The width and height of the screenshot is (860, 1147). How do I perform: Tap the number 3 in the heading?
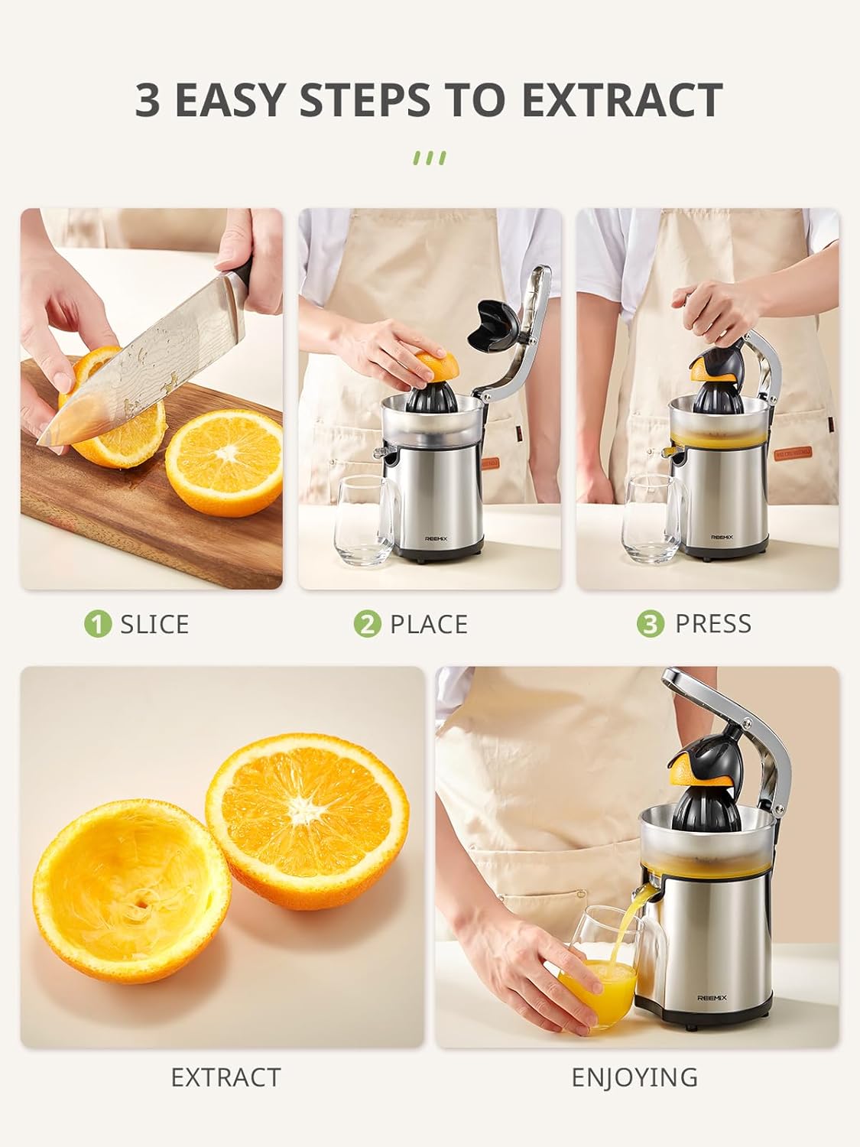148,100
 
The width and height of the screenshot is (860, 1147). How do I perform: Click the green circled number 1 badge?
98,624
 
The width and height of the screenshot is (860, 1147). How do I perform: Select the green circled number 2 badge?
367,624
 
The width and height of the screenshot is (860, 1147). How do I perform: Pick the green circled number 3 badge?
651,624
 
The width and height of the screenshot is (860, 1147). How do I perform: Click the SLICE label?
154,624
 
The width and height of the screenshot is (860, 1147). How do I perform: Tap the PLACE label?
428,624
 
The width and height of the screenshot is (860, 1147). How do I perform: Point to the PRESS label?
712,624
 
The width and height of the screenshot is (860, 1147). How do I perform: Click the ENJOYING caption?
634,1077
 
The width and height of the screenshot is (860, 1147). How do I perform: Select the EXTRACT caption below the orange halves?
226,1077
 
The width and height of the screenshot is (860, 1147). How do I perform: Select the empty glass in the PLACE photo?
362,520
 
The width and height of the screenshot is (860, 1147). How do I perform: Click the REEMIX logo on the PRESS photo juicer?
722,537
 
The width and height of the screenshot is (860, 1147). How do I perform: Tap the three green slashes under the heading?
429,158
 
